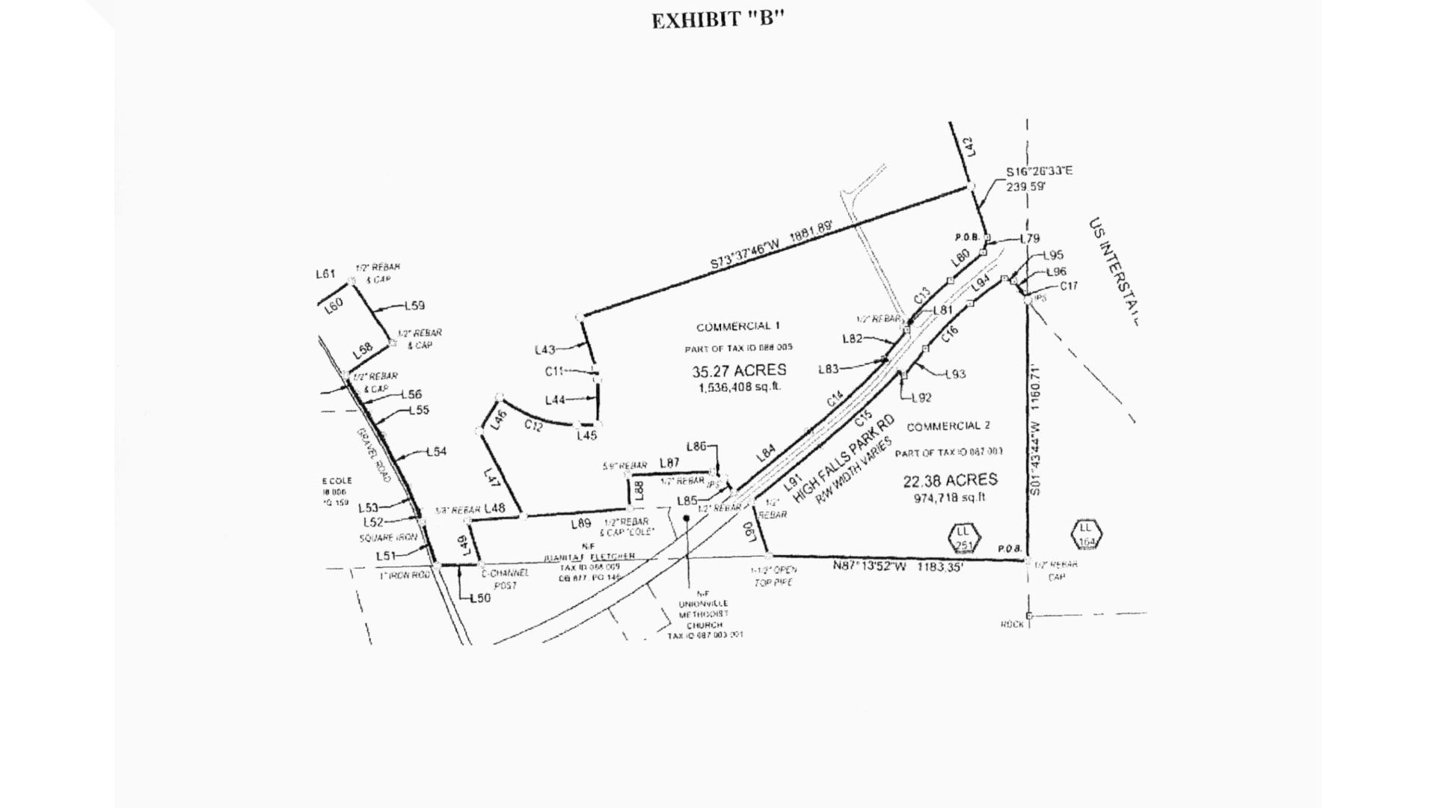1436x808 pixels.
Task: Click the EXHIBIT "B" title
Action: click(x=717, y=20)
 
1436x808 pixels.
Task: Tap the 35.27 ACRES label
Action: click(x=739, y=370)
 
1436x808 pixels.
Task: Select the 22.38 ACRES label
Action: click(x=950, y=480)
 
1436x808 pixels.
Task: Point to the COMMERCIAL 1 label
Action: click(x=738, y=326)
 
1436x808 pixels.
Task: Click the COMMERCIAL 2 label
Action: click(x=948, y=426)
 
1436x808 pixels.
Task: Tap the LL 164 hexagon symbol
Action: click(x=1086, y=534)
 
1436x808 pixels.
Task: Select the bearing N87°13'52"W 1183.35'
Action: click(x=897, y=566)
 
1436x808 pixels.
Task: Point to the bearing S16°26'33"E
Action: click(x=1039, y=171)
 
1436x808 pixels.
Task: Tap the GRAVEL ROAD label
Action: click(x=374, y=454)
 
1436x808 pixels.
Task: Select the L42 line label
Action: click(x=970, y=146)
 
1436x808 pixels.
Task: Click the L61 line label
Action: click(x=325, y=274)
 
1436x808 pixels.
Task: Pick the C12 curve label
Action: click(x=533, y=425)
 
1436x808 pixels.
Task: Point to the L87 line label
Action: click(x=669, y=463)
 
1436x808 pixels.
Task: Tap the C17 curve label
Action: click(x=1069, y=286)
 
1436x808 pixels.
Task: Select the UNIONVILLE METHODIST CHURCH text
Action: click(x=703, y=614)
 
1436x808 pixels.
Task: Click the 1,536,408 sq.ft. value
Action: click(x=739, y=388)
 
